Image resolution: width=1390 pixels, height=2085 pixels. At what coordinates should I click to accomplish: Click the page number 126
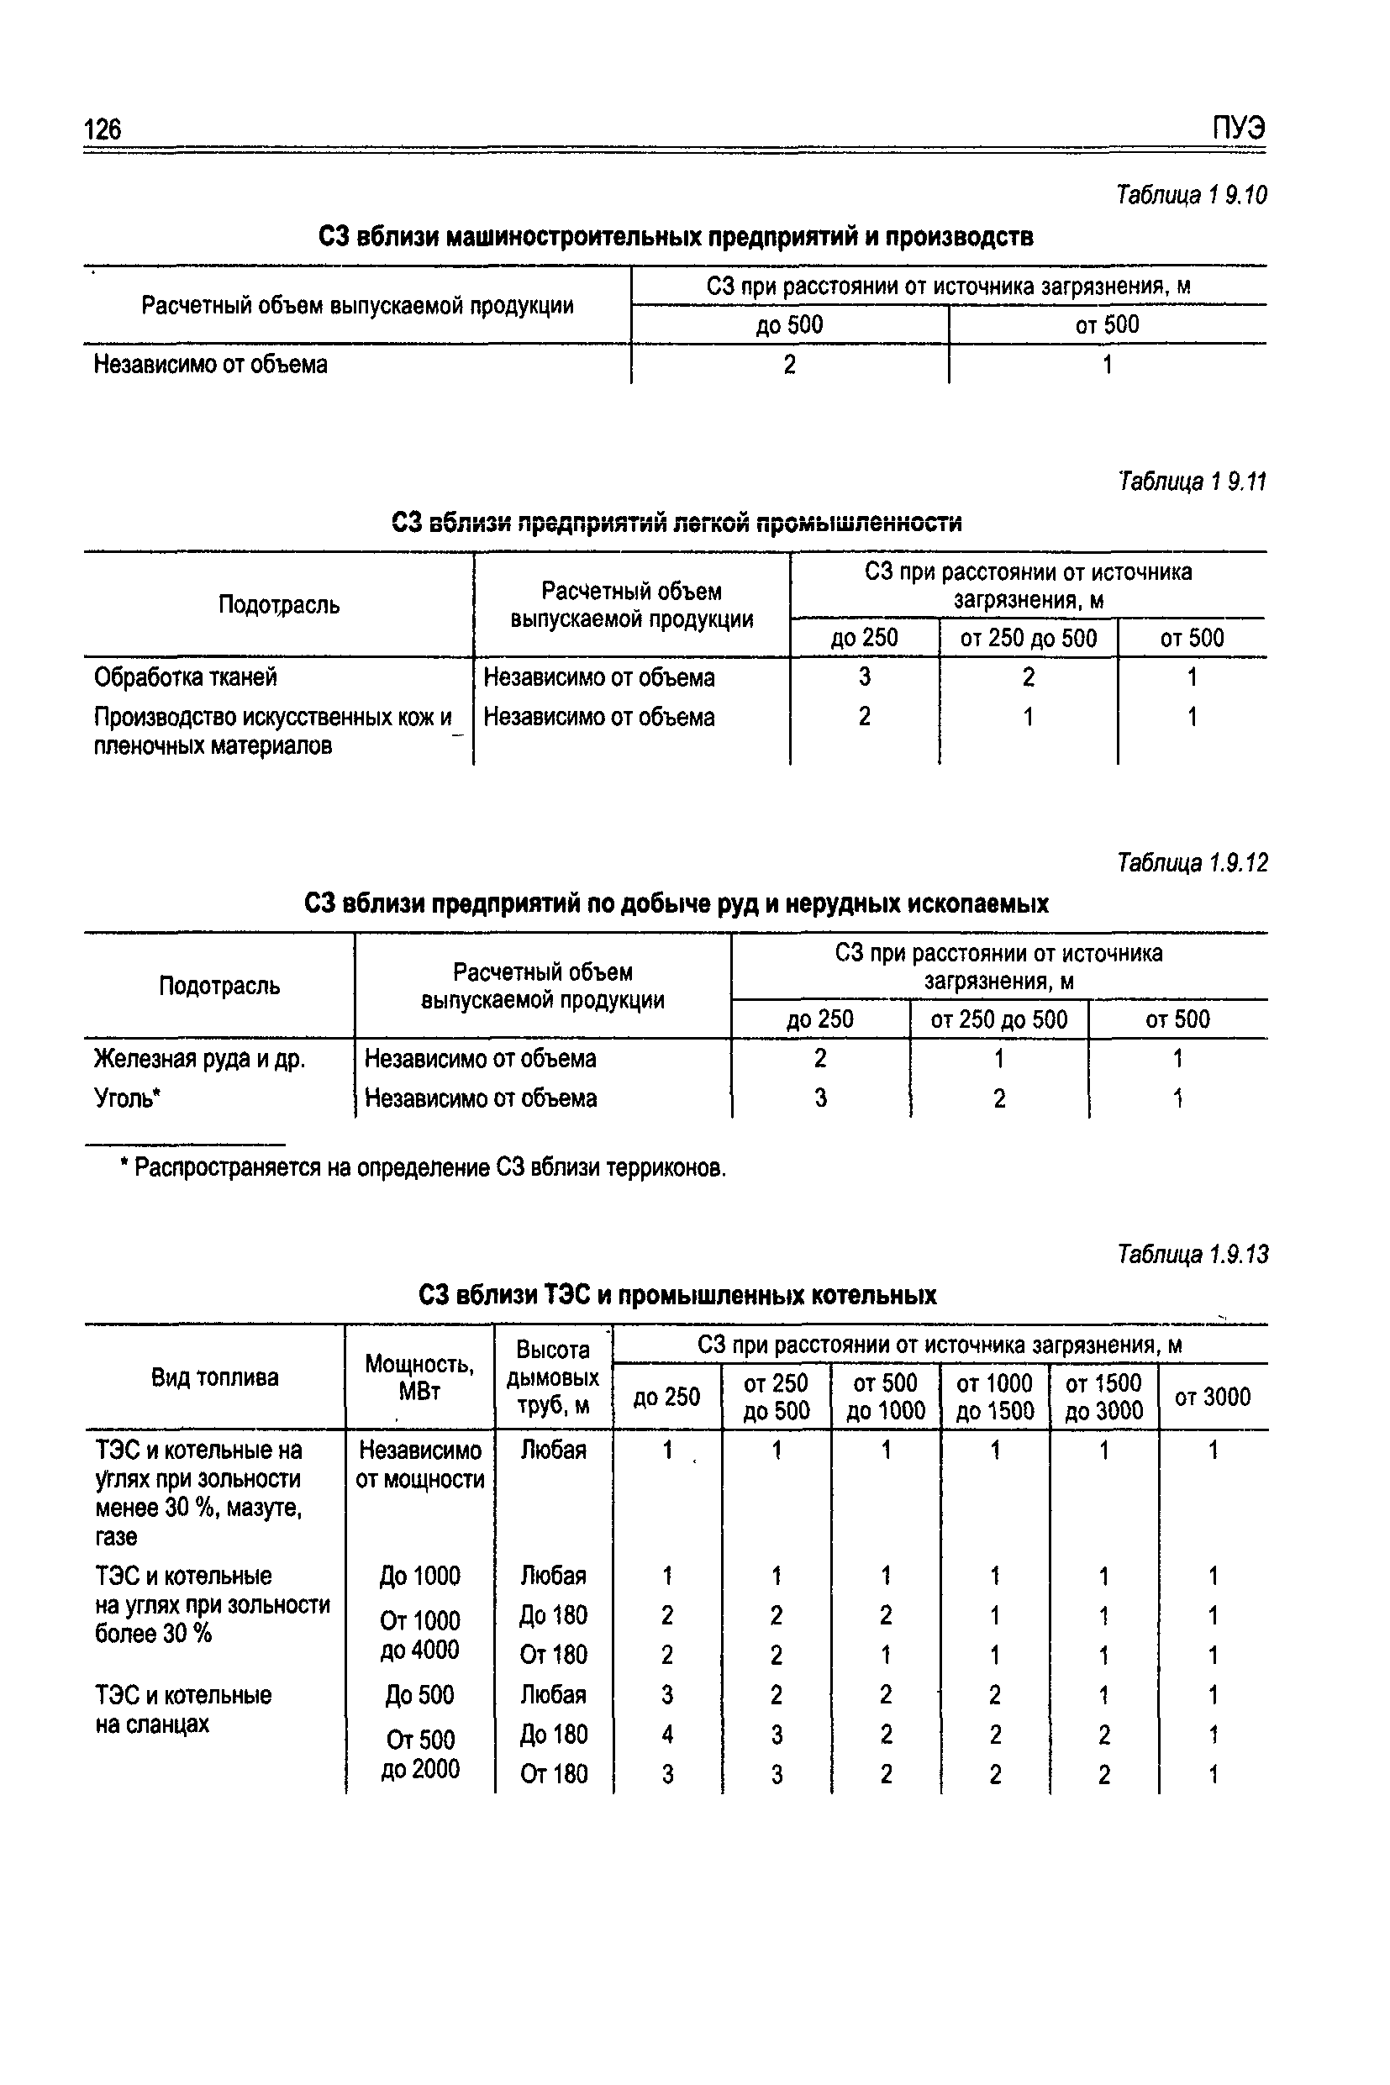(103, 130)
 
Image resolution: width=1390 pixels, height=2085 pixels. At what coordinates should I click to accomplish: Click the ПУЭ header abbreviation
(1239, 129)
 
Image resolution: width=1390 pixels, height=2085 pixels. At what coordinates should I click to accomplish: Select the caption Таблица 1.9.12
(1193, 862)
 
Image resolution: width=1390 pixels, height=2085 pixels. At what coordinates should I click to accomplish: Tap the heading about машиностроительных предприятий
(676, 237)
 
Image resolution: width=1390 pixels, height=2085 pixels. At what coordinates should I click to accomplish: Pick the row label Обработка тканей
(185, 677)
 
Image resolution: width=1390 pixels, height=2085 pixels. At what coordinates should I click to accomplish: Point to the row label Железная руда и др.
(199, 1058)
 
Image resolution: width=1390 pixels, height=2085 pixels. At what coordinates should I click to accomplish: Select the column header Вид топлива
(214, 1377)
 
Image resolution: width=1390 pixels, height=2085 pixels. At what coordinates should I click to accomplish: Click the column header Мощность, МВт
(419, 1377)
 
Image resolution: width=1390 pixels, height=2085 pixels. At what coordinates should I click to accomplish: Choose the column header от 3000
(1212, 1397)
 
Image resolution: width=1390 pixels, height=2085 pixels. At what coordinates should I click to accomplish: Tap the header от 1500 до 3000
(1103, 1397)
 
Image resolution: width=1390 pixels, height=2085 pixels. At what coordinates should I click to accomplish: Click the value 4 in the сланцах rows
(667, 1734)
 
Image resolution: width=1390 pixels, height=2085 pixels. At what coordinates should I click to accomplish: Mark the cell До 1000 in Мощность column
(419, 1577)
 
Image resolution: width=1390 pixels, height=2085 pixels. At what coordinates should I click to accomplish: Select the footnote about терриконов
(424, 1168)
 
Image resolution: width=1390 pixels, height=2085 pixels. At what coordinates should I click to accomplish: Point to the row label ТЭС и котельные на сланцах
(182, 1709)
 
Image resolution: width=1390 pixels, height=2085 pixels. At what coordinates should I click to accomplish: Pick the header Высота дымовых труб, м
(553, 1377)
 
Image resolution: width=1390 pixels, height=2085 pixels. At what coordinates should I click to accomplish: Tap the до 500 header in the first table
(789, 324)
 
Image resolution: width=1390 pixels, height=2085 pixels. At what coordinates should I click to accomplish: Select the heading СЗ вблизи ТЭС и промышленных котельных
(677, 1295)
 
